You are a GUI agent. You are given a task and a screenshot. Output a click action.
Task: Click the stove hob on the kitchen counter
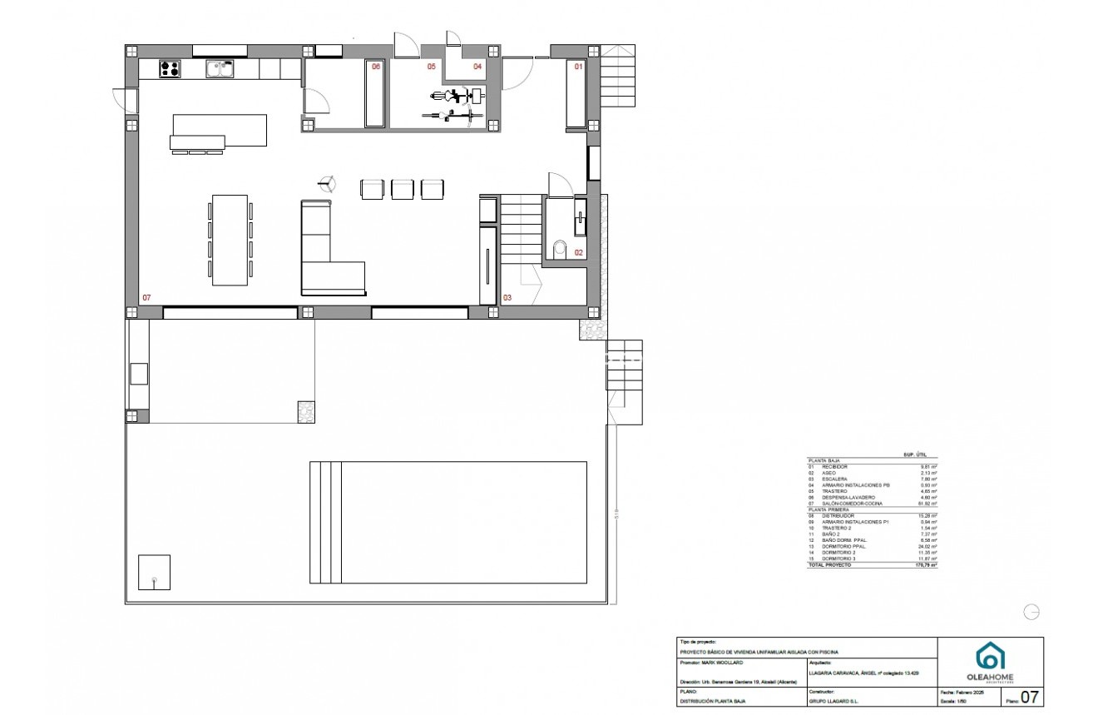click(x=170, y=68)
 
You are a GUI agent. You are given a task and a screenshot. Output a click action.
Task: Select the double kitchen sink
click(x=220, y=69)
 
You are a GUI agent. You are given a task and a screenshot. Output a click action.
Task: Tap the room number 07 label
click(x=146, y=297)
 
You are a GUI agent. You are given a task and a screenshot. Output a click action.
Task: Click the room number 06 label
click(x=376, y=66)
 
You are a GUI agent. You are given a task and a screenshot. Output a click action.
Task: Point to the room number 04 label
click(x=477, y=66)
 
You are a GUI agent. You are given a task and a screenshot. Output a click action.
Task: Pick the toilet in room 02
click(x=559, y=248)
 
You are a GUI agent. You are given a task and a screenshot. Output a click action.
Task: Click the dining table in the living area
click(x=230, y=240)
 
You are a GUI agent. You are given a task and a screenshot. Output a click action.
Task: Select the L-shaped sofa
click(x=324, y=258)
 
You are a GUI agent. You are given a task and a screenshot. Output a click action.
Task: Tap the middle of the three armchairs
click(x=402, y=189)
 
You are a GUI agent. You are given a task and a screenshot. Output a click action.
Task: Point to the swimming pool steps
click(x=325, y=522)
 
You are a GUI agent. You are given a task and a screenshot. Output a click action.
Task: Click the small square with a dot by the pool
click(x=154, y=573)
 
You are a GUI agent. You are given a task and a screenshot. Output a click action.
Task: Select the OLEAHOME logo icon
click(x=989, y=655)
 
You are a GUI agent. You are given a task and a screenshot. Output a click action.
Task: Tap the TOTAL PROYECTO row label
click(x=830, y=565)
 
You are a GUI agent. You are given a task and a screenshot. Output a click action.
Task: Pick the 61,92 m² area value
click(x=925, y=504)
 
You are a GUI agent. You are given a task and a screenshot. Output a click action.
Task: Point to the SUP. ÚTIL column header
click(x=915, y=454)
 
